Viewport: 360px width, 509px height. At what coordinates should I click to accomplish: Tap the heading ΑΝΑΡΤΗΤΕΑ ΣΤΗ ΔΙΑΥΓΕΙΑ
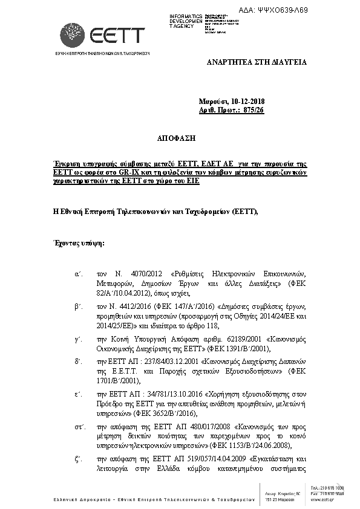[257, 62]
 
